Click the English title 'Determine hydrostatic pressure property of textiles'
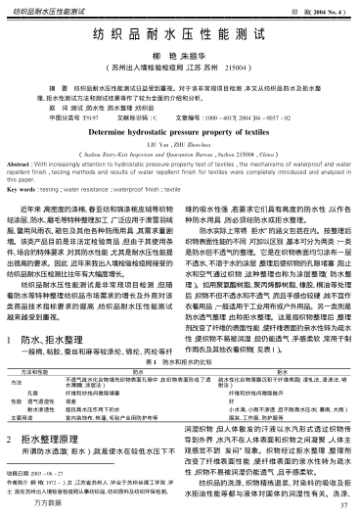click(x=180, y=130)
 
